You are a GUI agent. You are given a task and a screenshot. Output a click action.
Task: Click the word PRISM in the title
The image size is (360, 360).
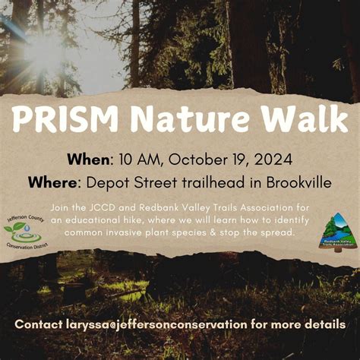click(x=66, y=119)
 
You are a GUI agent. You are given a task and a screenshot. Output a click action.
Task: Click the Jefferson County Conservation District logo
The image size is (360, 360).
click(x=25, y=229)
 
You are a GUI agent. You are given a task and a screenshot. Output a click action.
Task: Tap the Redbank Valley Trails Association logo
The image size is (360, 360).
click(x=335, y=230)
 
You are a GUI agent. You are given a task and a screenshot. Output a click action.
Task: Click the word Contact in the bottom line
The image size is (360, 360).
click(x=39, y=324)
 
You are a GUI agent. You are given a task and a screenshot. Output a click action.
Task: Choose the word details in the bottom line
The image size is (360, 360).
click(x=324, y=324)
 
